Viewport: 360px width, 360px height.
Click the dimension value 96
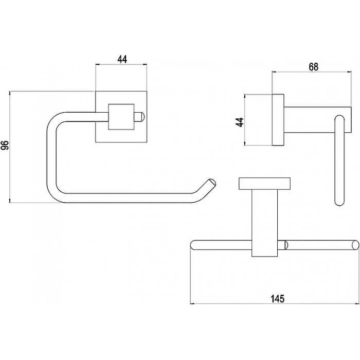click(6, 145)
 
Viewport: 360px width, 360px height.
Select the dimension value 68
click(313, 66)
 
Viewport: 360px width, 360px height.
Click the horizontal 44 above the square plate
click(122, 59)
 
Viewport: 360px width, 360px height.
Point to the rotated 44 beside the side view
click(240, 122)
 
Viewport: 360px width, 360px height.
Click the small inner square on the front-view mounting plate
click(121, 117)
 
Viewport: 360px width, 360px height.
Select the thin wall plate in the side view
click(278, 120)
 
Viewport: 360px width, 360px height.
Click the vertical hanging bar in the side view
click(340, 160)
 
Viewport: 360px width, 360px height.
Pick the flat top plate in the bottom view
click(264, 184)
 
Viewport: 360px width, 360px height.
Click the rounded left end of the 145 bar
click(193, 245)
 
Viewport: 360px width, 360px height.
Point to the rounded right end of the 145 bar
click(356, 245)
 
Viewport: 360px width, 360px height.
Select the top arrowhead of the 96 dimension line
click(10, 93)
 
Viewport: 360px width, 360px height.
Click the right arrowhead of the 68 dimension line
click(349, 72)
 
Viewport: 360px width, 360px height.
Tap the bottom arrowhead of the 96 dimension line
click(10, 201)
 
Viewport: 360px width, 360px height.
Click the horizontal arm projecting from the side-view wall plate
click(317, 120)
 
